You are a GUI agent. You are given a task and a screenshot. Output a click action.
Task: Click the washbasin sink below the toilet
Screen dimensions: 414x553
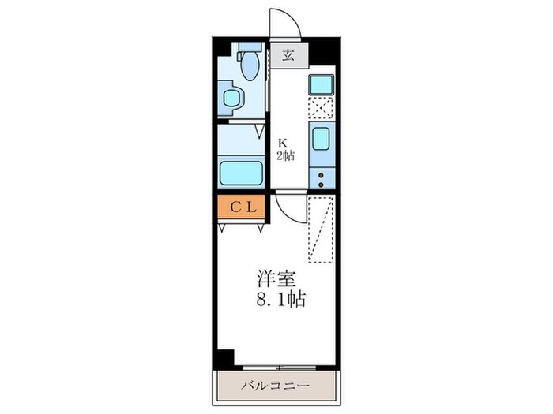click(x=232, y=99)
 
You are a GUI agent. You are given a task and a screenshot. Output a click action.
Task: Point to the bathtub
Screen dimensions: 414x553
click(x=241, y=172)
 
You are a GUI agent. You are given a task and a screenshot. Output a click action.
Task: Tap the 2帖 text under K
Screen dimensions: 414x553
click(x=285, y=155)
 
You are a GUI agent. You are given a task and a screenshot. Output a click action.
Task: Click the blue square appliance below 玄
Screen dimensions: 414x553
click(x=322, y=84)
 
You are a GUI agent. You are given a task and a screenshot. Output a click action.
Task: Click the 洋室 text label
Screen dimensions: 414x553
click(x=275, y=279)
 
